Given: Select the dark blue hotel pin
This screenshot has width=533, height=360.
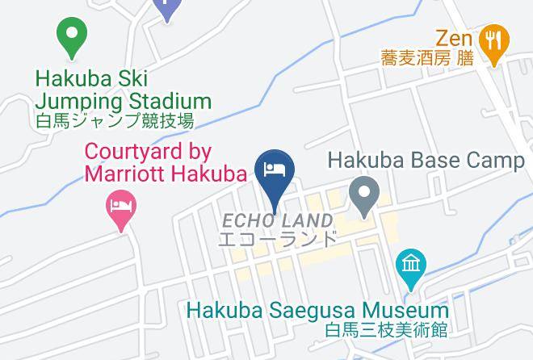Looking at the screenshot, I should coord(274,172).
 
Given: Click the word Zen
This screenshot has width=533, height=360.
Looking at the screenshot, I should coord(452,37).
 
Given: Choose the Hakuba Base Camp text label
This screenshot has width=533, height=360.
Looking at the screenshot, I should coord(426,160).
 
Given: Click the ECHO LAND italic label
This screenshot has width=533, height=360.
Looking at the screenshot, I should coord(278,221).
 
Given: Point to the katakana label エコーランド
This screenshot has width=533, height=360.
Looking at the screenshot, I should coord(278,239).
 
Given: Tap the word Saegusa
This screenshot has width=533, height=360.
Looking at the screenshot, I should coord(308,311).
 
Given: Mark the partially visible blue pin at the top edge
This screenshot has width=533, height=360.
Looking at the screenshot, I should coord(167,8).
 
